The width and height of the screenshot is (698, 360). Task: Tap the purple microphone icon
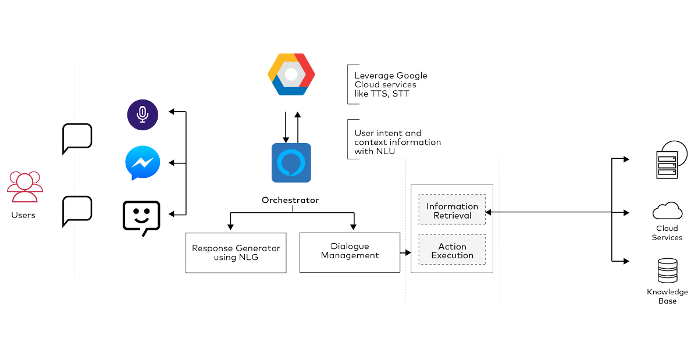[x=143, y=115]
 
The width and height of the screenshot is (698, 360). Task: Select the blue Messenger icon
[x=143, y=163]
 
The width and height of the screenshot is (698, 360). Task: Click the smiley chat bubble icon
[x=141, y=217]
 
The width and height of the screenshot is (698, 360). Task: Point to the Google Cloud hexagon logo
[x=291, y=74]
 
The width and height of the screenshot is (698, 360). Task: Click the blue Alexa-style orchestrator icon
[x=291, y=163]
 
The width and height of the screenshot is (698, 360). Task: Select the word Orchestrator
[x=290, y=200]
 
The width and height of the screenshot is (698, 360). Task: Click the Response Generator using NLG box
[x=236, y=252]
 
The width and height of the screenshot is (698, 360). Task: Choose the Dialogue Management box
[x=350, y=251]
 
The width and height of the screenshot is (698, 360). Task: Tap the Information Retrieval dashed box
[x=452, y=211]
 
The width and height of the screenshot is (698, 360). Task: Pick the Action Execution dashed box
[x=452, y=251]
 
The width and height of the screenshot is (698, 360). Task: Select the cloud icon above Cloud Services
[x=667, y=210]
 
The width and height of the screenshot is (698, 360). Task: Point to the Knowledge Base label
[x=667, y=296]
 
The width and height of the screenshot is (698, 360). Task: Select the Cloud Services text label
[x=667, y=233]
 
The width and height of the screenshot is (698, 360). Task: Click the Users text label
[x=23, y=215]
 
